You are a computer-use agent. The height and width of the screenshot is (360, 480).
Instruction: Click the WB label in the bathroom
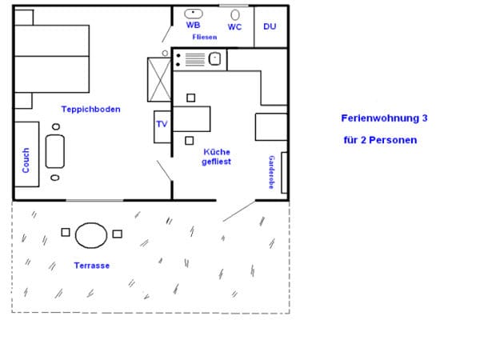pos(193,25)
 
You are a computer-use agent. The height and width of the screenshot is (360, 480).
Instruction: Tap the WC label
pos(234,27)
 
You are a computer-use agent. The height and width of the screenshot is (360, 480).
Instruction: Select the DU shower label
pos(270,26)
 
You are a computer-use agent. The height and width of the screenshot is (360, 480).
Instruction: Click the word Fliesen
pos(205,37)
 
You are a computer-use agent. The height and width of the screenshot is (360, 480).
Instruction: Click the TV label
pos(162,124)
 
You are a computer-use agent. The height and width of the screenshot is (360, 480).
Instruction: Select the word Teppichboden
pos(91,110)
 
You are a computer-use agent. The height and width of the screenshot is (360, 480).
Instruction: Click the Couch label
pos(26,161)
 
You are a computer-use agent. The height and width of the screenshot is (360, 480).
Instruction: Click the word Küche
pos(217,152)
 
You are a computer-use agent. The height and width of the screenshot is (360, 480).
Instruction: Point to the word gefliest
pos(217,162)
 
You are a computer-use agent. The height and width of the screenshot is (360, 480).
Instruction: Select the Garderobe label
pos(271,172)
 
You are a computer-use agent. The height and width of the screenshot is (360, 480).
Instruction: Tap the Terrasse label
pos(92,266)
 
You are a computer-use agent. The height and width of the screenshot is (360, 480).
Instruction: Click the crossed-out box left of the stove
pos(159,79)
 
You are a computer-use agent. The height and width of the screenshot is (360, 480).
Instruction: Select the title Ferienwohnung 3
pos(385,118)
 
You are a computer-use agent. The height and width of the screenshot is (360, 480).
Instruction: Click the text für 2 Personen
pos(380,140)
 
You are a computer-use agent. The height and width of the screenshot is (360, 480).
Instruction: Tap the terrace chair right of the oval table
pos(118,234)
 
